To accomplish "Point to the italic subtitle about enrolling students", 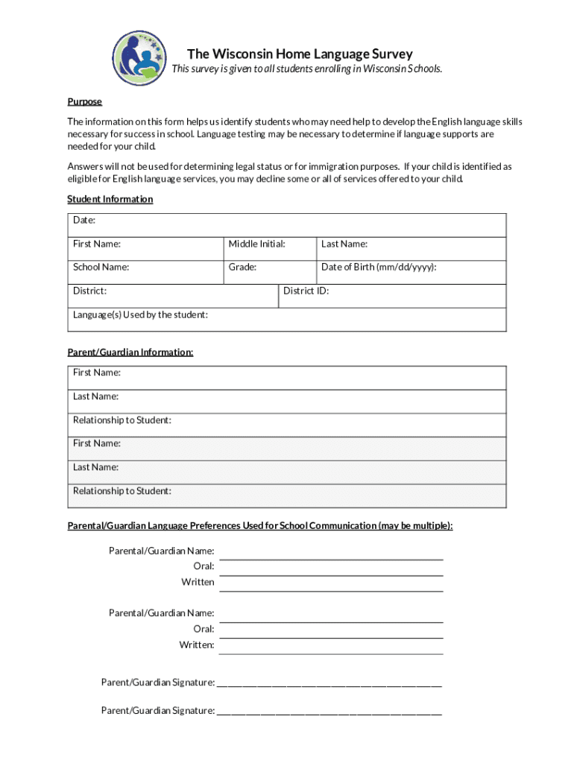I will (x=306, y=69).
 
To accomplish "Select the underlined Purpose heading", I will (x=84, y=101).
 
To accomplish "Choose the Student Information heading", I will (x=110, y=199).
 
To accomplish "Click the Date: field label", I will (x=84, y=221).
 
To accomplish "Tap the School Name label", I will (x=101, y=267).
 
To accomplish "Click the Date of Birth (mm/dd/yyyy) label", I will (x=379, y=267).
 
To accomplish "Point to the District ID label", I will (x=306, y=291).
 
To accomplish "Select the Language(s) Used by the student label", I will (x=140, y=314).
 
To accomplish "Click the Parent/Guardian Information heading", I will (x=130, y=352).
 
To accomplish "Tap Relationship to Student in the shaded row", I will (x=122, y=491).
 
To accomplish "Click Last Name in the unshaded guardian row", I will (x=95, y=396).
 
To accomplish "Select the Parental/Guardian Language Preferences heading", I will (x=259, y=525).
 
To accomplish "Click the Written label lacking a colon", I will (x=198, y=582).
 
